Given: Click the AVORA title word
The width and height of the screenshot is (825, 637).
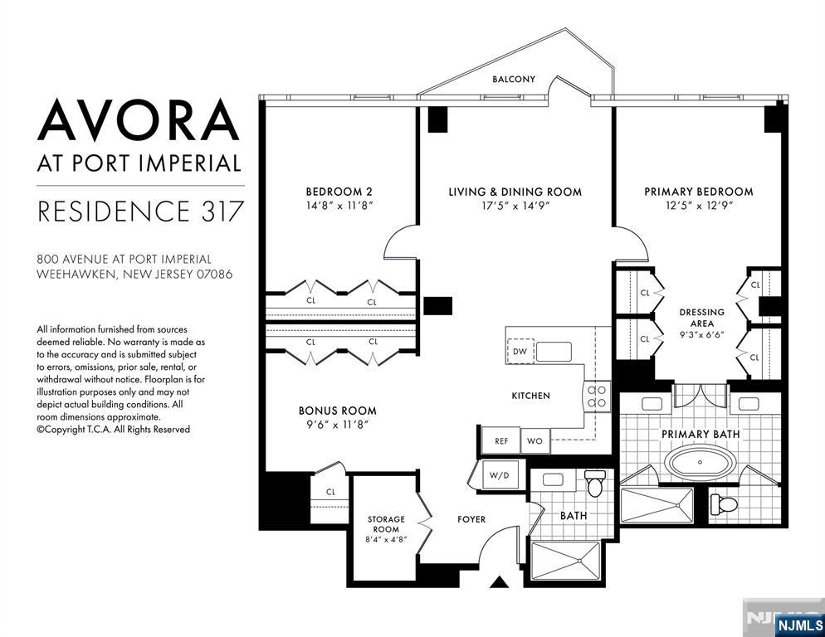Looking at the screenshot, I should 139,120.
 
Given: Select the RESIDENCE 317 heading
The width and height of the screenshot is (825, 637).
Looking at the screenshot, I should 140,212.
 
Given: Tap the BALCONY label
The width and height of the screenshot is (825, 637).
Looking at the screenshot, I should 514,80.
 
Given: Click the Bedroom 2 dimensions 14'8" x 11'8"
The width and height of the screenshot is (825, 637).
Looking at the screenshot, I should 338,206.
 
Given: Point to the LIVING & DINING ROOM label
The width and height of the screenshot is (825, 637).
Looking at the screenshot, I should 515,192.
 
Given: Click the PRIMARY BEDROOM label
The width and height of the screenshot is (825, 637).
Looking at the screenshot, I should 698,192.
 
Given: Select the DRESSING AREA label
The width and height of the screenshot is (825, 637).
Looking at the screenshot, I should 702,318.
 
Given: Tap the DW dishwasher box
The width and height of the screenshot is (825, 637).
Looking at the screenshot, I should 520,352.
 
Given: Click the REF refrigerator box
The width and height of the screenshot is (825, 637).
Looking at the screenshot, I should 500,441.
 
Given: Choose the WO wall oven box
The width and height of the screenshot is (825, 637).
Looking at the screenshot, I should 535,441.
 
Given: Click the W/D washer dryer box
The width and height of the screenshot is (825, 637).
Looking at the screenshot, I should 500,476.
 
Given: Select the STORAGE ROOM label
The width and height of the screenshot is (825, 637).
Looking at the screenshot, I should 386,524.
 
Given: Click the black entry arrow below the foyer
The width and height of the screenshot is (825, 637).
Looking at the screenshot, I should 498,582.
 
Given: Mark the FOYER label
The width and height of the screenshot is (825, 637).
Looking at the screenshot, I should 471,519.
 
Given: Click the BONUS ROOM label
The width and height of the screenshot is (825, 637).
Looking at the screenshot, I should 337,411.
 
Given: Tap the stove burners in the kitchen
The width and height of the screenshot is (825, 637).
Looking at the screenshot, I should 596,396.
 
